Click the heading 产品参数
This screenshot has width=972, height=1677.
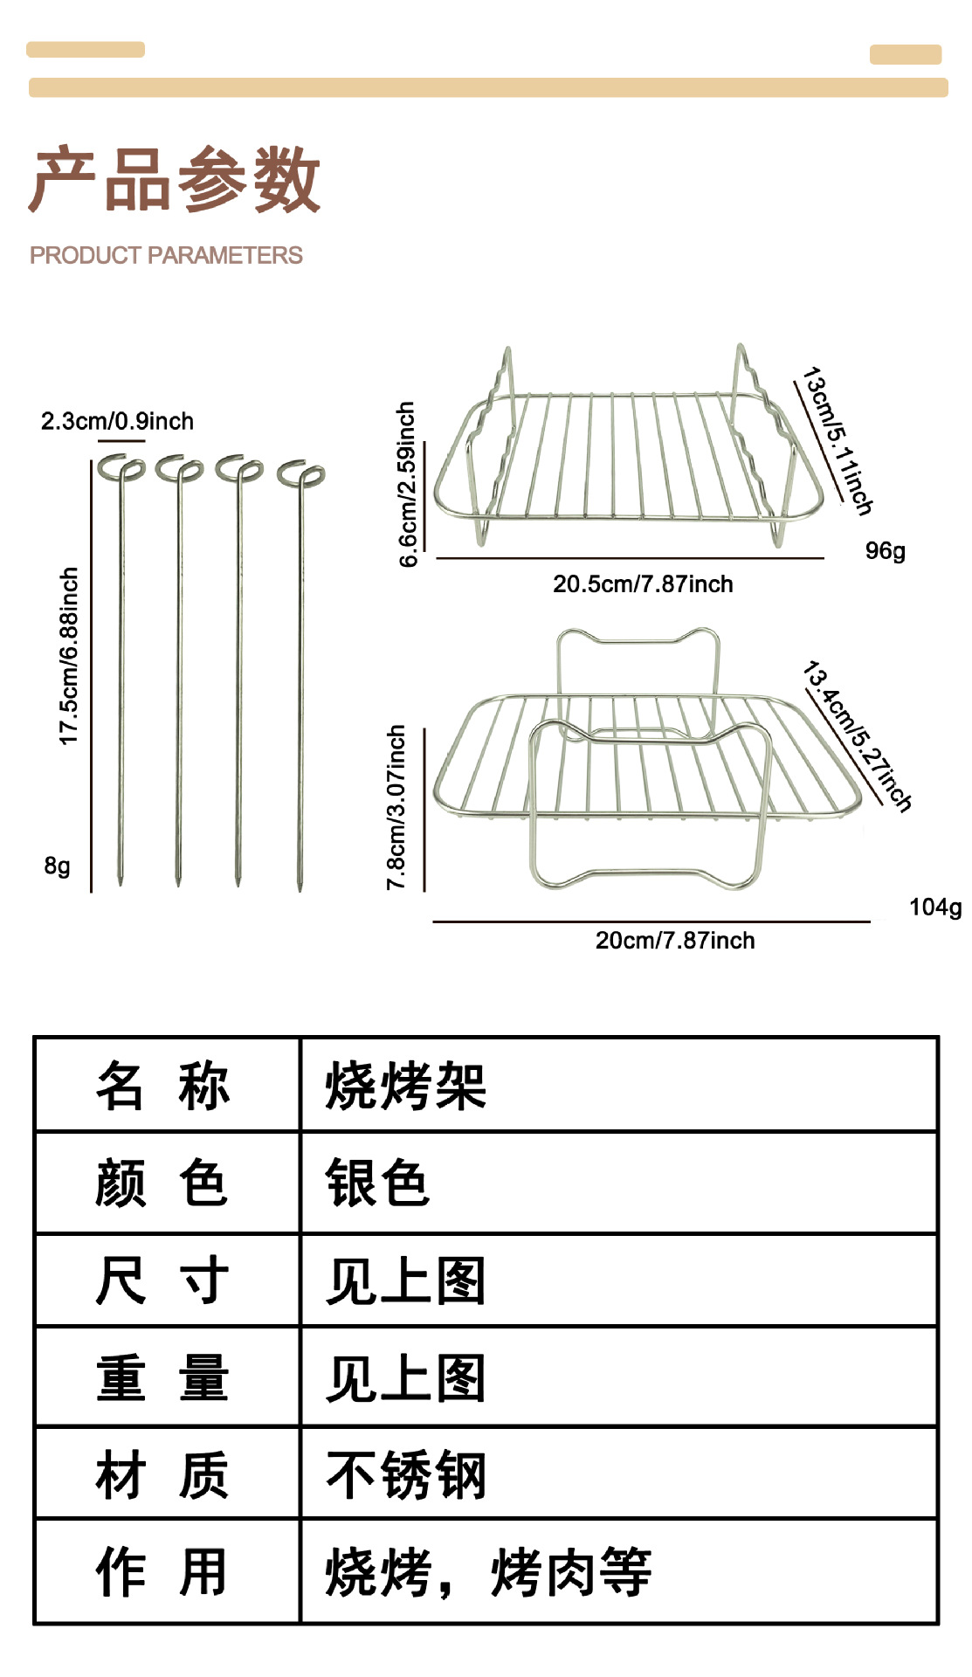pyautogui.click(x=175, y=180)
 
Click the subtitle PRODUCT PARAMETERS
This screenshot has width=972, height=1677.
pyautogui.click(x=166, y=255)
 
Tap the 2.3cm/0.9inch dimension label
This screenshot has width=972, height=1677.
pyautogui.click(x=117, y=421)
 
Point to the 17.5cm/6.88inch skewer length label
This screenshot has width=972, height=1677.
pyautogui.click(x=69, y=656)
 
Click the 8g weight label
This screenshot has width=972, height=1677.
pyautogui.click(x=57, y=866)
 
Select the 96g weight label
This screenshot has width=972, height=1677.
pyautogui.click(x=885, y=551)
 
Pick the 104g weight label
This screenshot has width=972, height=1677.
pyautogui.click(x=934, y=908)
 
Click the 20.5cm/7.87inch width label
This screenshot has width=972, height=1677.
pyautogui.click(x=643, y=584)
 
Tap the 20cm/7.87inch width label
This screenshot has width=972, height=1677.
pyautogui.click(x=675, y=941)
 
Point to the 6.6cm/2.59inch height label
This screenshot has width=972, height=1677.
pyautogui.click(x=407, y=484)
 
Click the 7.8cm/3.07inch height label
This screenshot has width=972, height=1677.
pyautogui.click(x=396, y=807)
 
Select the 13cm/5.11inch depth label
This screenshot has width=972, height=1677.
pyautogui.click(x=837, y=441)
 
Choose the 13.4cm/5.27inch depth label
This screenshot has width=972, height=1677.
pyautogui.click(x=857, y=737)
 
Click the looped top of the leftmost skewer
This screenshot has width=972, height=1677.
pyautogui.click(x=120, y=468)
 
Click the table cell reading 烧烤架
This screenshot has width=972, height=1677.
pyautogui.click(x=405, y=1087)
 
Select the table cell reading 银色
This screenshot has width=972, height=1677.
pyautogui.click(x=377, y=1184)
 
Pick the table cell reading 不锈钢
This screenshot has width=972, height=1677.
pyautogui.click(x=405, y=1475)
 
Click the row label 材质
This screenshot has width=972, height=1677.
pyautogui.click(x=162, y=1475)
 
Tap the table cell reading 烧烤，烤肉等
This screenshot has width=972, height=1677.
pyautogui.click(x=488, y=1573)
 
